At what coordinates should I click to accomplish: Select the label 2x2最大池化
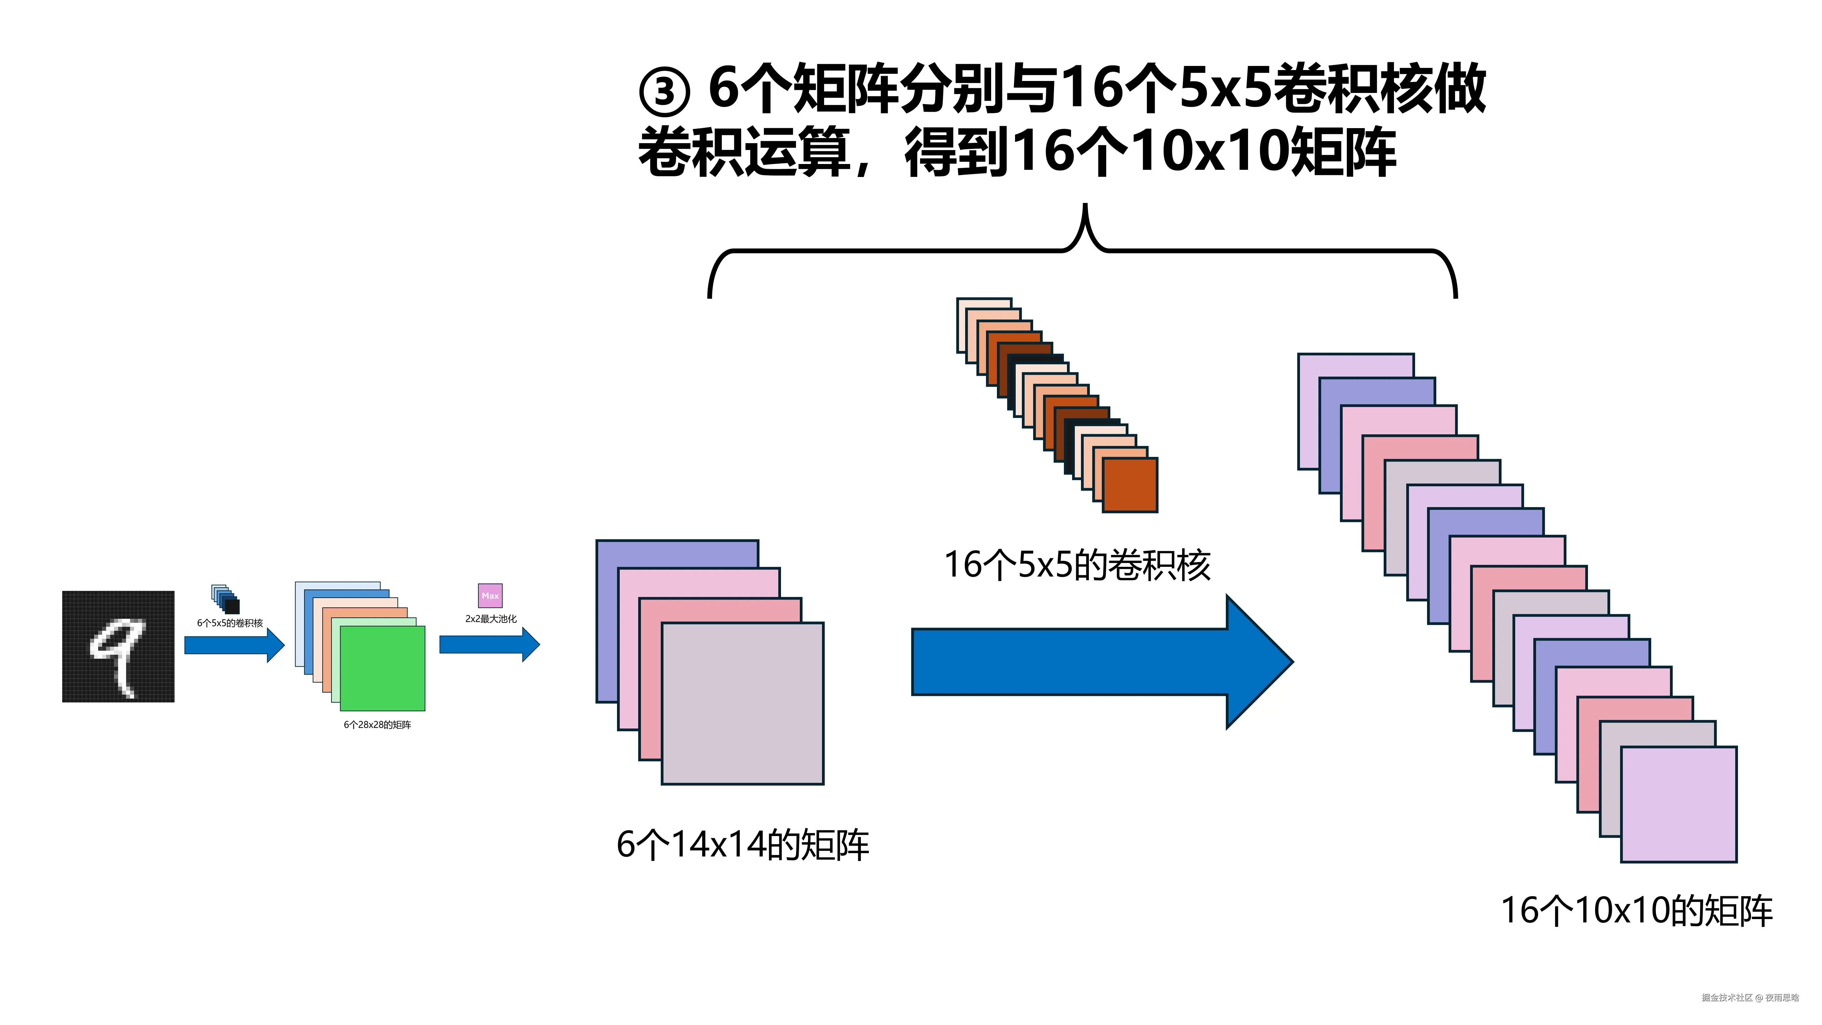(x=491, y=619)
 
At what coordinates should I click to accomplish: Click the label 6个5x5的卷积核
(x=230, y=623)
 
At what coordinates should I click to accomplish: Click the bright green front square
(x=383, y=669)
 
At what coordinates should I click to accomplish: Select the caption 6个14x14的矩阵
(x=743, y=845)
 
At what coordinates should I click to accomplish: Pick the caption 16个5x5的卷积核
(x=1077, y=566)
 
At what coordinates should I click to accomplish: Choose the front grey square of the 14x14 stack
(x=743, y=704)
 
